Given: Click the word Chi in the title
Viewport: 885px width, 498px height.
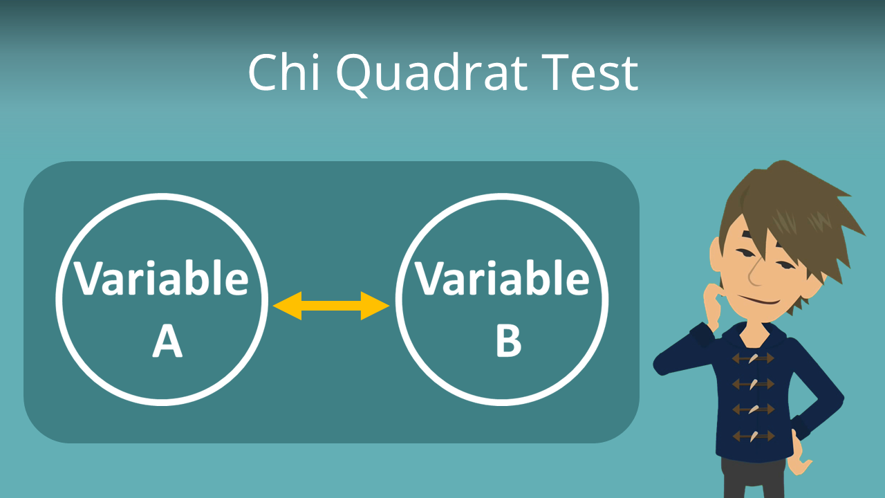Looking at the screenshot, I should coord(281,73).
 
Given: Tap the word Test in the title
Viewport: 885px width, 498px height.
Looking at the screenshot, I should coord(592,73).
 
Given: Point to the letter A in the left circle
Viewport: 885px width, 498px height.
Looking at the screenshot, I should coord(167,341).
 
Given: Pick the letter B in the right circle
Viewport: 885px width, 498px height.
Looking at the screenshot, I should coord(508,341).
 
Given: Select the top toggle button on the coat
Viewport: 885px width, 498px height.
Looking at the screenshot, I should coord(752,358).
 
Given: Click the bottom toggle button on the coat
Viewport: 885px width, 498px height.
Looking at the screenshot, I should coord(752,436).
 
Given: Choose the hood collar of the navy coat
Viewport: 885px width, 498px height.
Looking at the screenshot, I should coord(781,332).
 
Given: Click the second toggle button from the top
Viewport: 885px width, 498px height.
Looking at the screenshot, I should coord(752,384).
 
